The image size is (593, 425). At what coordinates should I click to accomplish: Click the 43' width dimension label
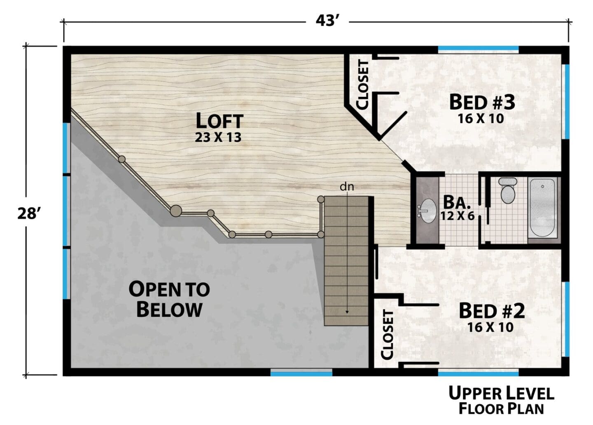tap(327, 21)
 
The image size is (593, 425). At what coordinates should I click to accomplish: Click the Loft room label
tap(219, 120)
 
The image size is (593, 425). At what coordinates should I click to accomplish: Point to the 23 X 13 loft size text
tap(218, 137)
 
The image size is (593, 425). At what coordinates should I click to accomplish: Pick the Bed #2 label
tap(492, 311)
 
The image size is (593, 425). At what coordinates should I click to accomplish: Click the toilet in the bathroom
tap(507, 190)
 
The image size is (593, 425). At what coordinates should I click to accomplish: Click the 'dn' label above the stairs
tap(347, 187)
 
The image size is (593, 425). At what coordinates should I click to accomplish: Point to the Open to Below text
tap(169, 299)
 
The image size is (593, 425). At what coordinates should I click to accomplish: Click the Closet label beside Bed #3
tap(363, 85)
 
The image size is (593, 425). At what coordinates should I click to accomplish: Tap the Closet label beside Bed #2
tap(387, 335)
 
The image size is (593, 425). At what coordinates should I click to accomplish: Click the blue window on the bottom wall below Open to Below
tap(301, 374)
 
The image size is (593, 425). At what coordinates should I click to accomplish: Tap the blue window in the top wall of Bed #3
tap(479, 48)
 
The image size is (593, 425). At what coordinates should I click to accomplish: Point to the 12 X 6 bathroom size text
tap(458, 216)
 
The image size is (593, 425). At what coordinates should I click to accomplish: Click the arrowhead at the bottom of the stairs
tap(347, 312)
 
